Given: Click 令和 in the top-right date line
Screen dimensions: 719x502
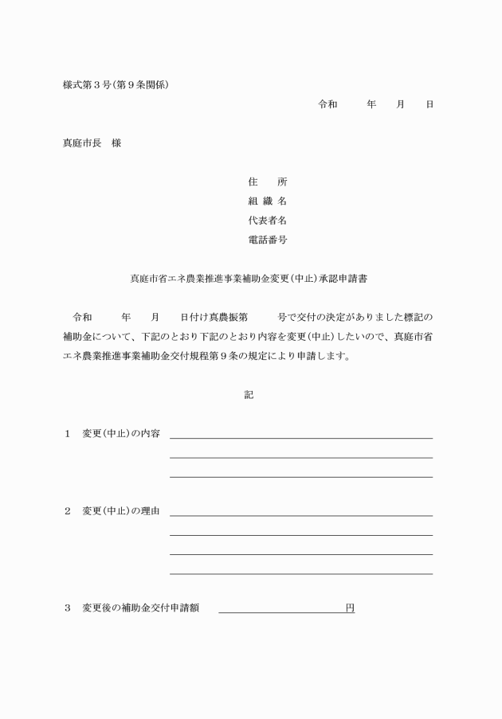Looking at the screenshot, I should pyautogui.click(x=327, y=104).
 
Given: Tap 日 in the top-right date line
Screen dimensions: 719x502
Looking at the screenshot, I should pyautogui.click(x=429, y=104).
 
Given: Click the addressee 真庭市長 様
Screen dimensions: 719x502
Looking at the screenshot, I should pyautogui.click(x=92, y=143).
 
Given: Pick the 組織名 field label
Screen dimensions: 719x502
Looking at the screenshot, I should pyautogui.click(x=267, y=201).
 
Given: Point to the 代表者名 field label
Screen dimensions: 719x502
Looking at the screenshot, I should pyautogui.click(x=267, y=221).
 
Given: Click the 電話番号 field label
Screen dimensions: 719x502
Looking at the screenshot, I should pyautogui.click(x=267, y=240).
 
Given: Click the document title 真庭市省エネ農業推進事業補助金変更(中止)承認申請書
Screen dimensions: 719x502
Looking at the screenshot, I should pyautogui.click(x=248, y=279).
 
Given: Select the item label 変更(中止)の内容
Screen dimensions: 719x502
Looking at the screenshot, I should pyautogui.click(x=121, y=434).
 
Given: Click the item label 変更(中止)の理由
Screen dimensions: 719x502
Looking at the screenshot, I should pyautogui.click(x=121, y=511).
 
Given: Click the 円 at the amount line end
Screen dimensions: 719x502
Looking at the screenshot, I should pyautogui.click(x=350, y=608).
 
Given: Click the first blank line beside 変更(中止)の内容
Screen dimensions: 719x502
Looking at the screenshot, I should pyautogui.click(x=301, y=437).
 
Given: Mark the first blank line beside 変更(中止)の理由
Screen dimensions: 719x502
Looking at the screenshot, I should pyautogui.click(x=301, y=514).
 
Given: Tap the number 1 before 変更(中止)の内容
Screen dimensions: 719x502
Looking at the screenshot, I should pyautogui.click(x=68, y=434).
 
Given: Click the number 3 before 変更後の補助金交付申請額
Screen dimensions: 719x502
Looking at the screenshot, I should pyautogui.click(x=68, y=608).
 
